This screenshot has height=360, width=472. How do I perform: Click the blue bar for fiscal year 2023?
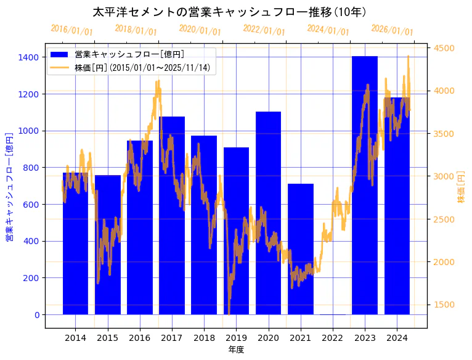point(365,185)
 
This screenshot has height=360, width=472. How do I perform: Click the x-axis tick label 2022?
point(333,338)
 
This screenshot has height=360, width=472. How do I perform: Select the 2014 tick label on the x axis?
point(76,338)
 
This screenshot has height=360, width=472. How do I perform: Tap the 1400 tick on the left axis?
point(29,57)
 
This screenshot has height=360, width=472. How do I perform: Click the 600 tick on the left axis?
point(31,205)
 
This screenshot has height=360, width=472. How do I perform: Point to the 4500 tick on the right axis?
point(444,48)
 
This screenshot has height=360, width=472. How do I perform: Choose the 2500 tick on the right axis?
point(444,219)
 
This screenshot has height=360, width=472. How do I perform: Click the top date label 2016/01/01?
point(72,30)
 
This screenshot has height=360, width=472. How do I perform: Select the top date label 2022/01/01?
point(264,30)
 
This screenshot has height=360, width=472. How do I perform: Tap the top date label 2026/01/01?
point(392,30)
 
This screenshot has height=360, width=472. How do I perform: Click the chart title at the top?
point(230,12)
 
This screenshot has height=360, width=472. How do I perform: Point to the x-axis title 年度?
point(236,350)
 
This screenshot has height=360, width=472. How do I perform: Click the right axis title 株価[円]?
point(462,187)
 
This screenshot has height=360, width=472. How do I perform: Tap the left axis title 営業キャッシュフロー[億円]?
point(9,187)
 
